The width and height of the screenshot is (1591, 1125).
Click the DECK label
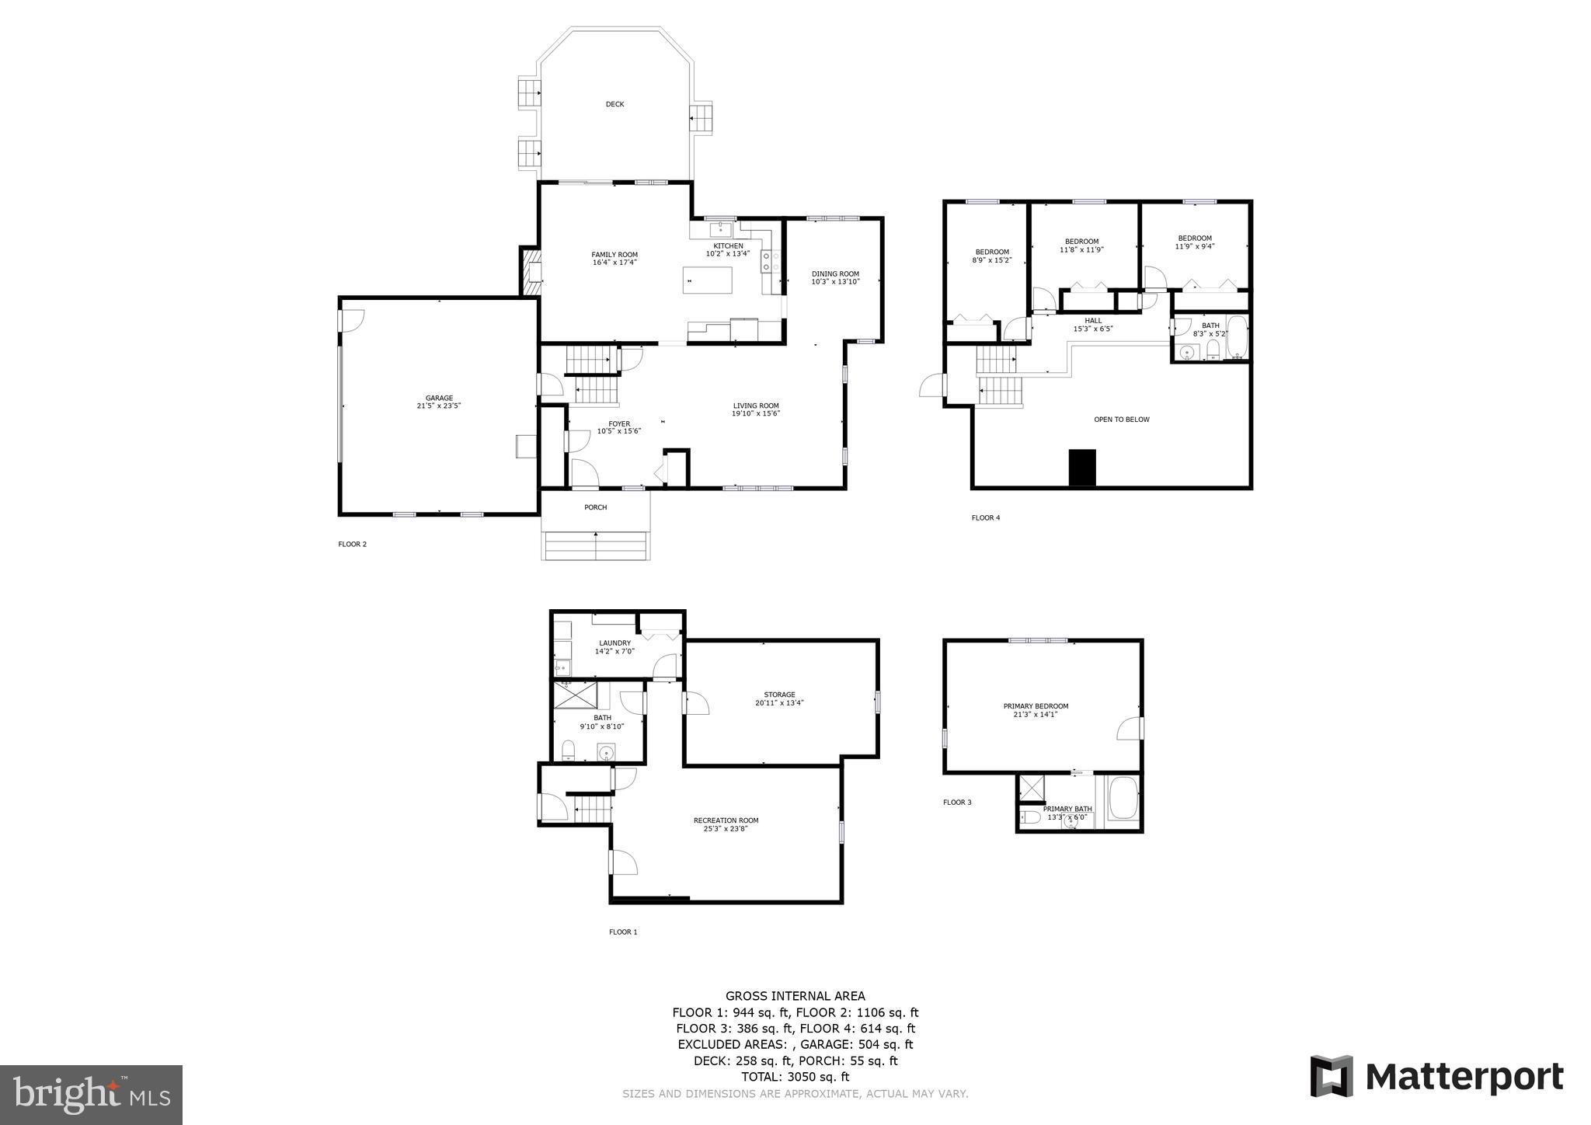click(614, 104)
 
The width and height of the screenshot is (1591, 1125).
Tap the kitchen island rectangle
click(707, 280)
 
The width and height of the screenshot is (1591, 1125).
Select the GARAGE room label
click(439, 402)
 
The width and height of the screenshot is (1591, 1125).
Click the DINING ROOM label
click(835, 277)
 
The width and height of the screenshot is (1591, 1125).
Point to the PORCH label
click(596, 507)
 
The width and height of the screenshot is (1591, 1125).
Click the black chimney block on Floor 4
click(1082, 468)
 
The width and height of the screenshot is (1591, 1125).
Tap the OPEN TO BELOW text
click(1121, 420)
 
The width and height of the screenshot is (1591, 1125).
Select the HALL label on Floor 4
click(1093, 324)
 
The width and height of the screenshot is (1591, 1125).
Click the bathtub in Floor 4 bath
click(1237, 338)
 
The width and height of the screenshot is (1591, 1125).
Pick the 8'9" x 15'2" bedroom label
click(992, 256)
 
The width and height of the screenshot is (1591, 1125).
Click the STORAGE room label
click(779, 698)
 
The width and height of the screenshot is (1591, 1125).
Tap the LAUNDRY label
click(614, 646)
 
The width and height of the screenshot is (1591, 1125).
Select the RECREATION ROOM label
click(726, 824)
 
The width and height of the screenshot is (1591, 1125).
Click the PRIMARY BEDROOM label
click(1036, 710)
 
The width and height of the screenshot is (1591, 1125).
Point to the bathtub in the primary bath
click(1123, 800)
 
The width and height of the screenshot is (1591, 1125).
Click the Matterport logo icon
click(1332, 1076)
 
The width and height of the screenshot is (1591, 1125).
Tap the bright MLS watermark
click(91, 1095)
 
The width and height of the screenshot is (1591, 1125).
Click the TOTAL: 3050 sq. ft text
click(795, 1077)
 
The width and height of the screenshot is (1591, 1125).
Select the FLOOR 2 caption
click(352, 544)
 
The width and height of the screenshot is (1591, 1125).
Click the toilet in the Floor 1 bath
click(568, 751)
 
